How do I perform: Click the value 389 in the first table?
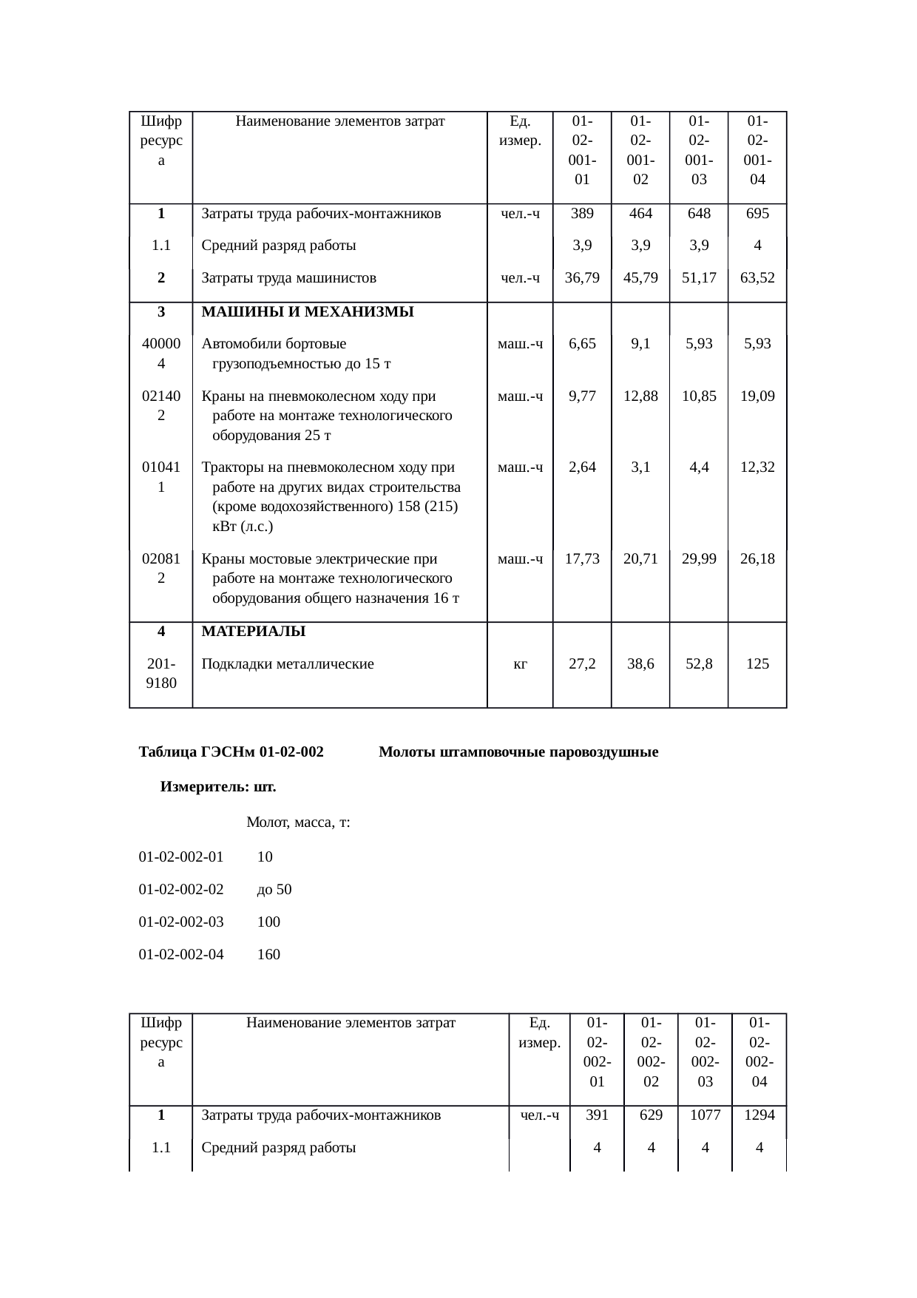tap(581, 214)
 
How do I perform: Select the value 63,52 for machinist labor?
tap(757, 278)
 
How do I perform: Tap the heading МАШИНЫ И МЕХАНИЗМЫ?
tap(307, 311)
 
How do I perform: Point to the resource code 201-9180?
tap(161, 673)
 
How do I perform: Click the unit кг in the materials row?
tap(520, 663)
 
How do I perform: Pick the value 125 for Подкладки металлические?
tap(757, 663)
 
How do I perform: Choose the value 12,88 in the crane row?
tap(640, 396)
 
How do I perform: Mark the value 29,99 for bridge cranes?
tap(699, 559)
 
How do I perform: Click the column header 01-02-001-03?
tap(699, 149)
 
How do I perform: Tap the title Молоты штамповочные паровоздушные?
tap(518, 753)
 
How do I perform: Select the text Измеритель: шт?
tap(218, 787)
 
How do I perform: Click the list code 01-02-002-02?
tap(181, 889)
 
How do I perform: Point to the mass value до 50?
tap(274, 889)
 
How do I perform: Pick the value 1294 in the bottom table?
tap(759, 1115)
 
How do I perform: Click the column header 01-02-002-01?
tap(597, 1052)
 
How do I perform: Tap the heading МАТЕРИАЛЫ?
tap(254, 632)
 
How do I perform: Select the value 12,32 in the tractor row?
tap(757, 467)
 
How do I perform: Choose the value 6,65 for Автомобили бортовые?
tap(581, 344)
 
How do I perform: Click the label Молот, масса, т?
tap(298, 822)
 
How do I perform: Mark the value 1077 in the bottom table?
tap(705, 1115)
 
